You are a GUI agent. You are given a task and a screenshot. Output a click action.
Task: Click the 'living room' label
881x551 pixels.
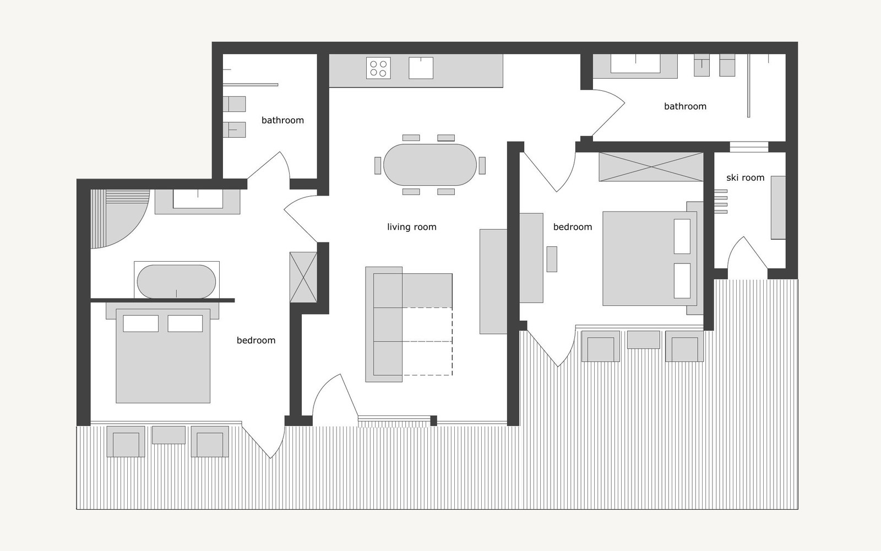[x=411, y=227]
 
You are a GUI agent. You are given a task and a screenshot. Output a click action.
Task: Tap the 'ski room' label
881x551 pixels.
[x=745, y=177]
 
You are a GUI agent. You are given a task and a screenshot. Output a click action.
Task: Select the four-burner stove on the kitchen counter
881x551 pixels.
[x=378, y=68]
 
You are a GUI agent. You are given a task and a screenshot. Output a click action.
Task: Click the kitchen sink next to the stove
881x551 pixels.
[x=421, y=68]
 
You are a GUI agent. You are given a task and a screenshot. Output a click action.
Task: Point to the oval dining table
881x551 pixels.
[x=430, y=165]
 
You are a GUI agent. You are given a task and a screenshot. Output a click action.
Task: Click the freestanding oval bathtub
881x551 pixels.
[x=176, y=282]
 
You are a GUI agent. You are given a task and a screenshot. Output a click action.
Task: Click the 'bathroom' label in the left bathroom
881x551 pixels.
[x=282, y=120]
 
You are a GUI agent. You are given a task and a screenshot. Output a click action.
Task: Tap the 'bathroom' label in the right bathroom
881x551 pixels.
[x=685, y=106]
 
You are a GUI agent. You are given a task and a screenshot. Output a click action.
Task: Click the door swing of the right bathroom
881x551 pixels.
[x=608, y=113]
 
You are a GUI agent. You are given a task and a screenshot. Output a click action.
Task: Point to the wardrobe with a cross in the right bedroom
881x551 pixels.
[x=651, y=167]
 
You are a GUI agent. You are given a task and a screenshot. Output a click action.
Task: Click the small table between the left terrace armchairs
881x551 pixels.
[x=168, y=435]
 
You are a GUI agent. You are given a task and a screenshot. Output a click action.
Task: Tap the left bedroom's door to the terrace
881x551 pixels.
[x=263, y=441]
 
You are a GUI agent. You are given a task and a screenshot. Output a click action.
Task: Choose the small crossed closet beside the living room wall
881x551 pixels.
[x=303, y=277]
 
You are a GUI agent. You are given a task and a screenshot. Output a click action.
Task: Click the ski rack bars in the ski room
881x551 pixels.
[x=721, y=201]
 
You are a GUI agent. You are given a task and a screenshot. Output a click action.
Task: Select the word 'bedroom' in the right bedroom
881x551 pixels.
[x=572, y=227]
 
